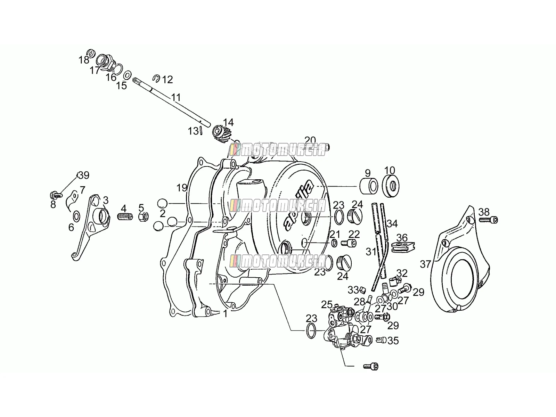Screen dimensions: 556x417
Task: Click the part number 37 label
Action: [425, 264]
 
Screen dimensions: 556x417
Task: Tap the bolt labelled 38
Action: [488, 220]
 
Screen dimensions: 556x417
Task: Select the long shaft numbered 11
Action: [171, 101]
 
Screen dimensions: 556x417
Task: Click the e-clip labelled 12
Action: [156, 79]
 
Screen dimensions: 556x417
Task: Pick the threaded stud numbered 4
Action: [125, 217]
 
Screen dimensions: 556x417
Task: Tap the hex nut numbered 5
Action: [144, 216]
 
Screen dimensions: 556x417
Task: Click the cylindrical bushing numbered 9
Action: [369, 186]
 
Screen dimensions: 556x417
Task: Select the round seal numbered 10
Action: [391, 186]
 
